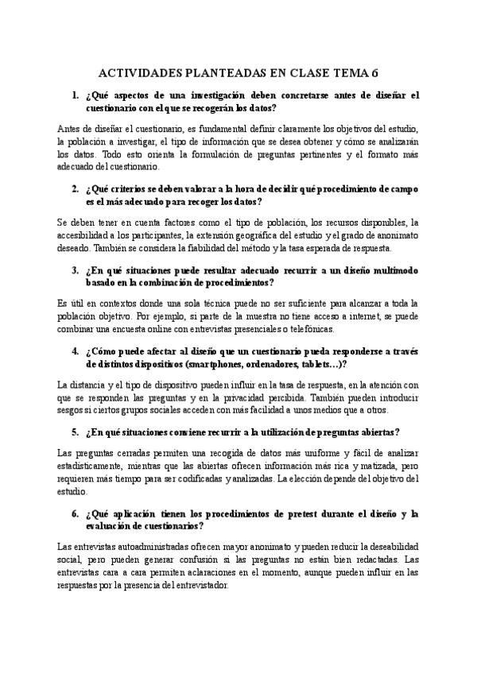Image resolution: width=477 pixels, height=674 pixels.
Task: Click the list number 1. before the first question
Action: (76, 95)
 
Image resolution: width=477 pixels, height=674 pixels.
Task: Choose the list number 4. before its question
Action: (76, 351)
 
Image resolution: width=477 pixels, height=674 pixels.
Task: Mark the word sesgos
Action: (73, 410)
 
